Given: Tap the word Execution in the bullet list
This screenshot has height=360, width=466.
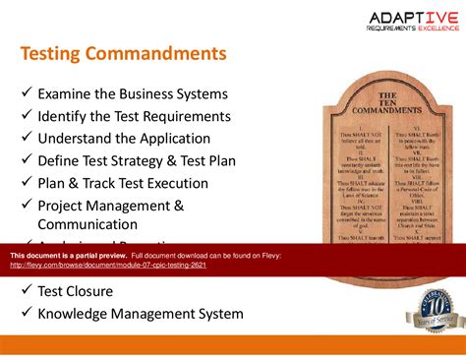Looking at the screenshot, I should click(175, 183).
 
